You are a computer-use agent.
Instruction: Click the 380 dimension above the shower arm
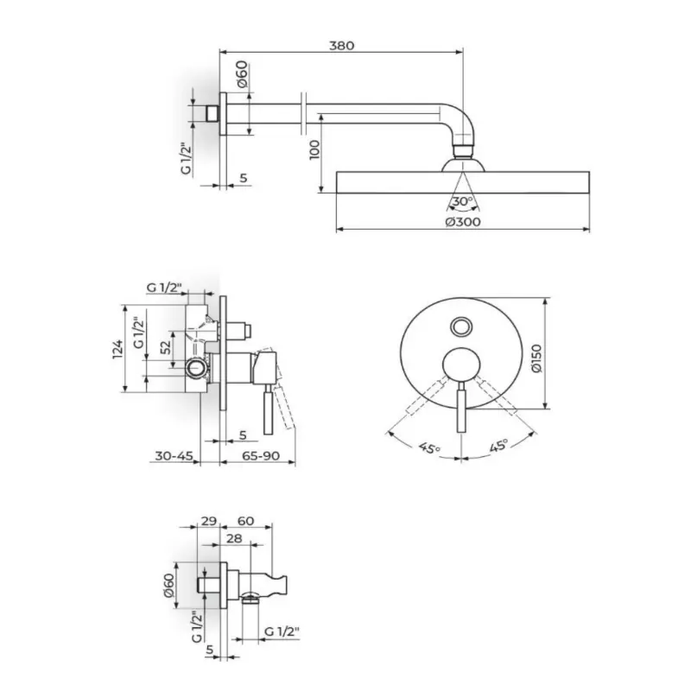[x=341, y=46]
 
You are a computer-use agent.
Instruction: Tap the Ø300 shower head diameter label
[x=463, y=222]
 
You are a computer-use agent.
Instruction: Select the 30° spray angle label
[x=462, y=201]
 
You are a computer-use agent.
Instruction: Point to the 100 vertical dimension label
[x=314, y=149]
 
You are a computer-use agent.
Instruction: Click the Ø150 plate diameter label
[x=536, y=358]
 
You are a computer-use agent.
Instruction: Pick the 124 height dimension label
[x=117, y=349]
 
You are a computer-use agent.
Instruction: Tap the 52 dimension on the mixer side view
[x=165, y=347]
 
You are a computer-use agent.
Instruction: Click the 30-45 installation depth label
[x=174, y=455]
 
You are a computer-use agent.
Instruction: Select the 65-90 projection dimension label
[x=261, y=455]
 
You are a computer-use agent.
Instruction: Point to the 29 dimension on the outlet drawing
[x=208, y=521]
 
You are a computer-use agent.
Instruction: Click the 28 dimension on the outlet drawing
[x=234, y=538]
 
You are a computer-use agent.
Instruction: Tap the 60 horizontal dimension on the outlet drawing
[x=245, y=521]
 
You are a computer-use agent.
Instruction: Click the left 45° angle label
[x=429, y=447]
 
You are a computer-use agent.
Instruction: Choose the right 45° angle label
[x=498, y=445]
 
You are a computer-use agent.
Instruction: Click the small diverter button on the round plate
[x=461, y=327]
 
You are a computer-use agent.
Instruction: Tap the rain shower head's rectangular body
[x=463, y=182]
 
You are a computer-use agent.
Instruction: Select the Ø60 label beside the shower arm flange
[x=242, y=74]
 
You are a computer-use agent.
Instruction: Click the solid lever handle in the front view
[x=461, y=407]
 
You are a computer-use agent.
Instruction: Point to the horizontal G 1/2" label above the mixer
[x=164, y=288]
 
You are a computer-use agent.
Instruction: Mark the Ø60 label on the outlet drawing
[x=168, y=585]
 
